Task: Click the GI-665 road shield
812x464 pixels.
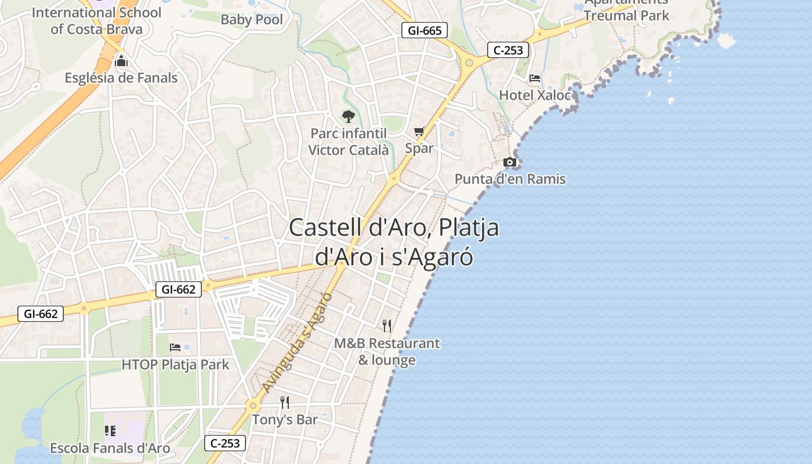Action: click(x=425, y=31)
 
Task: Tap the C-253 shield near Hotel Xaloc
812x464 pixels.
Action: click(x=507, y=50)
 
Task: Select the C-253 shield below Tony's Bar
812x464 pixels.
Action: click(x=225, y=444)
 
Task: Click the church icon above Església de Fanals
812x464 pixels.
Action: click(x=121, y=61)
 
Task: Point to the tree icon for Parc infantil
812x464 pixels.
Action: click(x=348, y=117)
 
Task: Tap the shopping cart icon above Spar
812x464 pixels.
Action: click(x=419, y=132)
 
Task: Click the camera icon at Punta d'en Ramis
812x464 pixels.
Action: click(x=510, y=162)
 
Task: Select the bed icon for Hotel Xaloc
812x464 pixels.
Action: click(x=535, y=78)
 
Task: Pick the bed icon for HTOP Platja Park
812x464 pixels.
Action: click(x=175, y=347)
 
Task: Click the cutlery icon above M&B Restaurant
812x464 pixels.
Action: click(x=387, y=326)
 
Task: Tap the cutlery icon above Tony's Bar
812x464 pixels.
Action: click(x=285, y=403)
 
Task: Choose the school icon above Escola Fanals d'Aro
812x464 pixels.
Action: click(x=110, y=431)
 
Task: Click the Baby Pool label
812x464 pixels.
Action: click(x=252, y=20)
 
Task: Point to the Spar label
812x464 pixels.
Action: click(x=419, y=148)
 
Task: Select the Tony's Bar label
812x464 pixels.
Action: click(x=285, y=419)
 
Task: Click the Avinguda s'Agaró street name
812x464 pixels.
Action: click(x=296, y=342)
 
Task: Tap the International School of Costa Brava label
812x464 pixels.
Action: click(x=97, y=20)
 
